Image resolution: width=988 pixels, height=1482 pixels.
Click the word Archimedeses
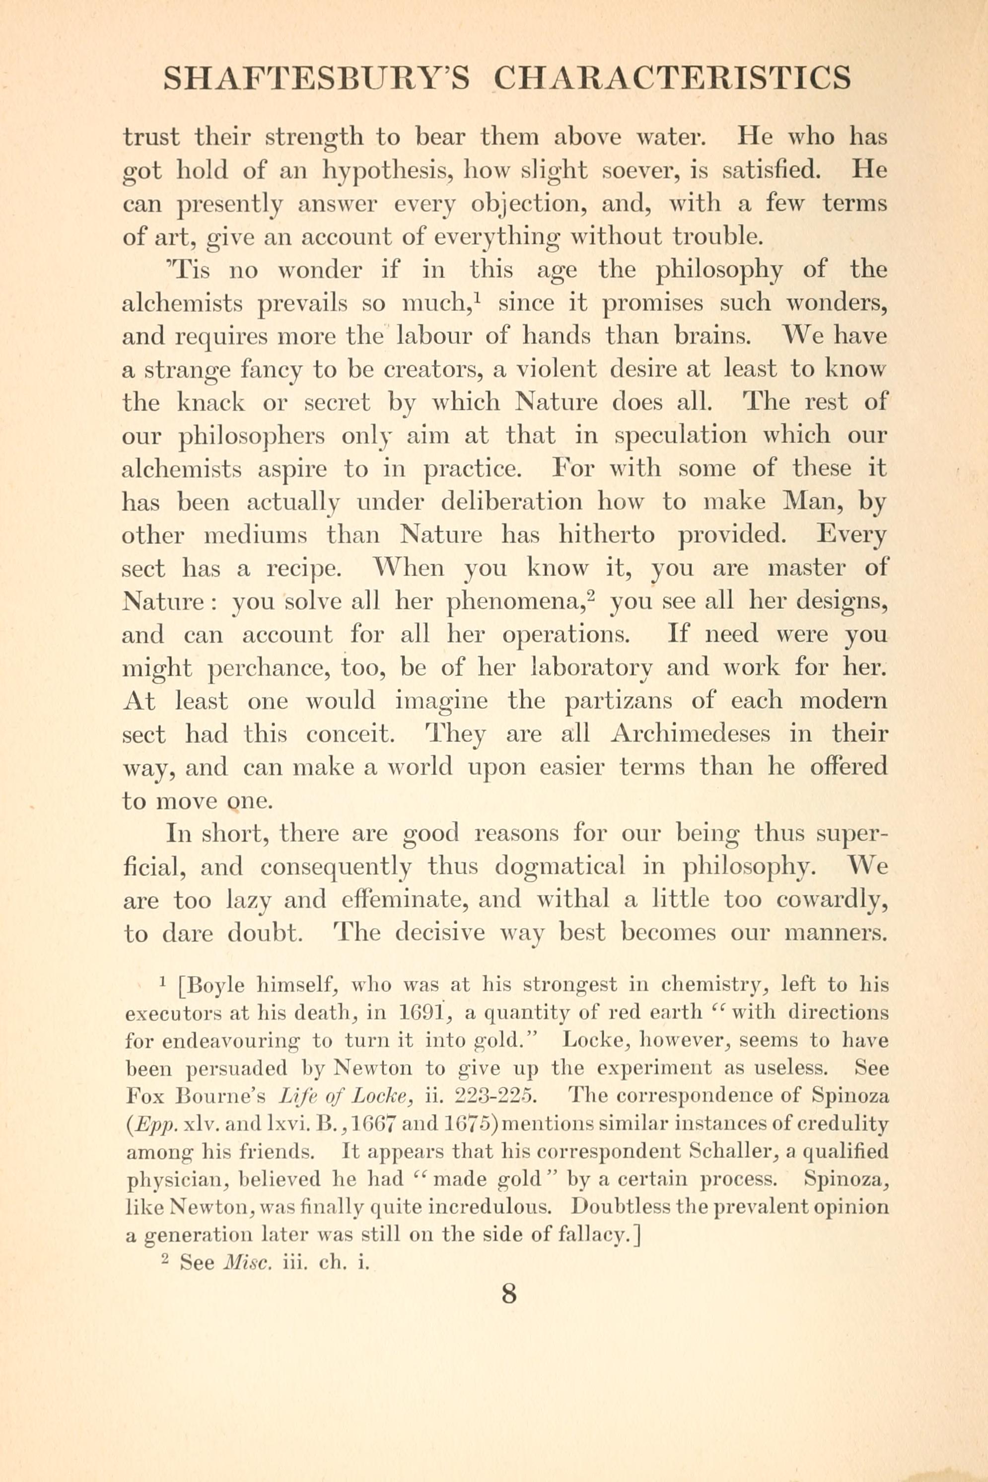[691, 734]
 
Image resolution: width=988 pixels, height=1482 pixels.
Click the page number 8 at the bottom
[508, 1295]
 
